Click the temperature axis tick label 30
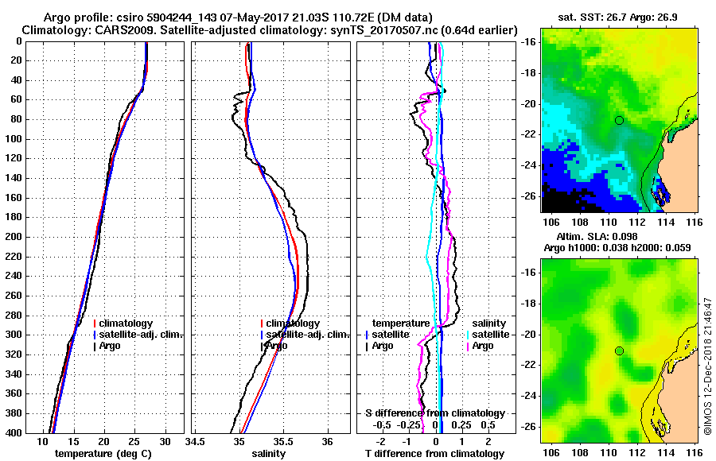pos(165,441)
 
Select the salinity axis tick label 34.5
pos(195,441)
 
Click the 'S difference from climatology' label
pos(435,413)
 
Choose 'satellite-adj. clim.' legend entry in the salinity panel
pos(306,335)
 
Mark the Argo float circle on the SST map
pos(619,120)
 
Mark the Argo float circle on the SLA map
pos(619,351)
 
